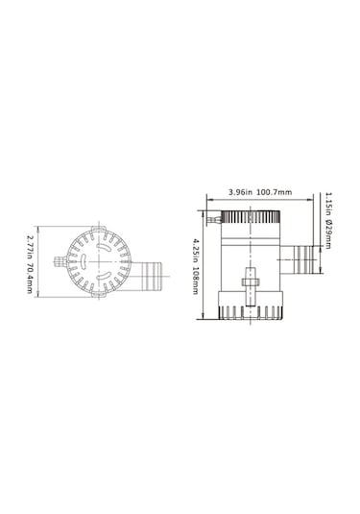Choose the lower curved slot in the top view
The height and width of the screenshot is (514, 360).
coord(93,281)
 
